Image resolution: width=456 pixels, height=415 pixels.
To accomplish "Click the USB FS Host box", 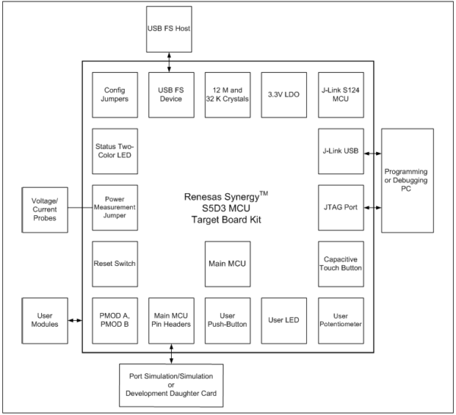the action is [169, 30].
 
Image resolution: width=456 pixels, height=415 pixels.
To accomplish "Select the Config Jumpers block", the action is [115, 95].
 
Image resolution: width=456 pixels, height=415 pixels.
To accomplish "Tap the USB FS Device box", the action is [171, 95].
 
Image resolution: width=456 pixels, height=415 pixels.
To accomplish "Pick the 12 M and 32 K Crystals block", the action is [228, 95].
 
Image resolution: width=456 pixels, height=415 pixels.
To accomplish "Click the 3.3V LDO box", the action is [283, 95].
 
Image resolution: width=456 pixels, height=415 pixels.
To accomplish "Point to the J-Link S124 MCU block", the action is [340, 95].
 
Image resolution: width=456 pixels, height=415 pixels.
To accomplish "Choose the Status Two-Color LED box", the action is [115, 151].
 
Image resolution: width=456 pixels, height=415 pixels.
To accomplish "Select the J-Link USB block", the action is [340, 151].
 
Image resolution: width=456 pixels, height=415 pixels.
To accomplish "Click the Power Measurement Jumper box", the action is [115, 207].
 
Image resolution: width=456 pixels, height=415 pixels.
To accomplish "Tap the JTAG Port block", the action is [340, 207].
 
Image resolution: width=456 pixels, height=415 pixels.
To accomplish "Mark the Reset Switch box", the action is [115, 264].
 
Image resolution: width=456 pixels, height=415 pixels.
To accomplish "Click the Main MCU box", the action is [228, 264].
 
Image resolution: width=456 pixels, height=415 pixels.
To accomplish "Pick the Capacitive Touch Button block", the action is [340, 264].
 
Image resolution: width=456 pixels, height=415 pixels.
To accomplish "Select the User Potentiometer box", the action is [340, 321].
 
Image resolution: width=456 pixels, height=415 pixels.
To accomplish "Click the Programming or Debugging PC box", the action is [407, 181].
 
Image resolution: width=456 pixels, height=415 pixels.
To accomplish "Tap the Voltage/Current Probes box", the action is [45, 210].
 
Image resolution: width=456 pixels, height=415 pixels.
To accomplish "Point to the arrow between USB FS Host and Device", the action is [169, 62].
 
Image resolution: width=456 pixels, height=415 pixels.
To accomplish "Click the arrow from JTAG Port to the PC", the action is [372, 207].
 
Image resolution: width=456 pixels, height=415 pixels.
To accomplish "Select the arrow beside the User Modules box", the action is [75, 321].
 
